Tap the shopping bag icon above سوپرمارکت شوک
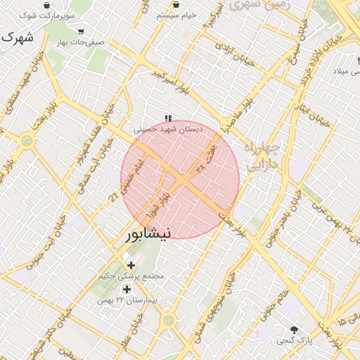coord(46,6)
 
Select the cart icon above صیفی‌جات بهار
coord(82,32)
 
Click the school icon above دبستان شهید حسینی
coord(167,119)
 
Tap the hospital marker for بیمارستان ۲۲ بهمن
coord(127,289)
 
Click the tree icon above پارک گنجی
coord(294,329)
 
